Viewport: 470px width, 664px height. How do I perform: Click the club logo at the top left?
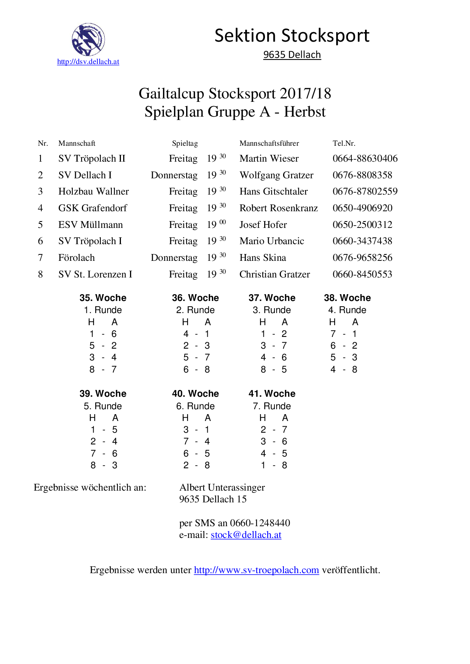pos(88,39)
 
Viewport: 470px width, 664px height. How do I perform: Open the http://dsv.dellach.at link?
pos(88,62)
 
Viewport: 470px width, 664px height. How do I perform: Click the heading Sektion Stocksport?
pos(292,36)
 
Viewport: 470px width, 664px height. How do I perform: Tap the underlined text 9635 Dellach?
pos(292,55)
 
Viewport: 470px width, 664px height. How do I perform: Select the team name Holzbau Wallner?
pos(93,192)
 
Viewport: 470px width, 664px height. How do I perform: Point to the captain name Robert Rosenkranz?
pos(279,208)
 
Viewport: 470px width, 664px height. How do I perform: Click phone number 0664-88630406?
pos(365,159)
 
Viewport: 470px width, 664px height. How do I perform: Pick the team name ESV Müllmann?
pos(91,225)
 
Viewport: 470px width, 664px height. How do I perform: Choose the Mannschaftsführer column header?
pos(269,143)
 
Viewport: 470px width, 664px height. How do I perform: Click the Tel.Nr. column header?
pos(344,143)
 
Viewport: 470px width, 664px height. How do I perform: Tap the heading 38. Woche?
pos(347,298)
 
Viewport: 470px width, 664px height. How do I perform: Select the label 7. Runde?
pos(272,406)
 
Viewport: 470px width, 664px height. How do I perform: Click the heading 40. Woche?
pos(195,394)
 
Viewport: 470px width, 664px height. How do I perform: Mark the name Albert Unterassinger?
pos(222,488)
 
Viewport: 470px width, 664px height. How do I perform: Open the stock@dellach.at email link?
pos(246,535)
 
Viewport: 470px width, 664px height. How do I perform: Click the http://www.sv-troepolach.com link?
pos(256,570)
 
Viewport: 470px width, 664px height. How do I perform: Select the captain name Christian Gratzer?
pos(275,274)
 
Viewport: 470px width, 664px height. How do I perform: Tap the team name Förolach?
pos(77,258)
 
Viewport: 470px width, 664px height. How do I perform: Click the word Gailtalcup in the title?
pos(172,94)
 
